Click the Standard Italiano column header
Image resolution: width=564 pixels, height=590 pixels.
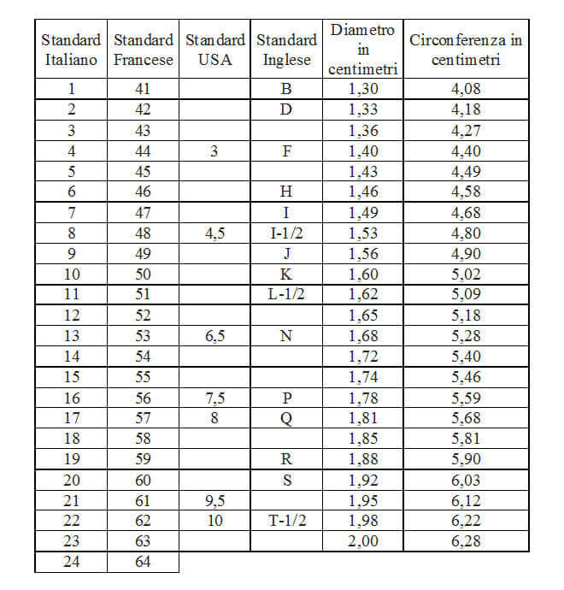tap(71, 50)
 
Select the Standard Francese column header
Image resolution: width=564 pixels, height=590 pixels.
tap(144, 50)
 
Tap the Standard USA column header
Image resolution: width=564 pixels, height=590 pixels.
tap(214, 50)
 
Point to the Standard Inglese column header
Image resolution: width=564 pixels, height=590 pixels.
tap(286, 50)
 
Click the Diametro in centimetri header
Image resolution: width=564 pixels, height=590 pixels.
tap(362, 50)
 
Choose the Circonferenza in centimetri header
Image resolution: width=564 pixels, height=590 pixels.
tap(466, 50)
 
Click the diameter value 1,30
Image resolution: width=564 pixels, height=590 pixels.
tap(362, 88)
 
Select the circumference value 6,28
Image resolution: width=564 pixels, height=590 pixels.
tap(466, 540)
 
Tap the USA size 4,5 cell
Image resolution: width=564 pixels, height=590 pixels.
tap(214, 233)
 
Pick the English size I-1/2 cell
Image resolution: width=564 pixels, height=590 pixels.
tap(286, 233)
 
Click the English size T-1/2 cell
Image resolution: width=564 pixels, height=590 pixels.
tap(286, 520)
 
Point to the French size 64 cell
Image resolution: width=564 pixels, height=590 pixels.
tap(144, 562)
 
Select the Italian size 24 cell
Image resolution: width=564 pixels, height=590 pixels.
tap(71, 562)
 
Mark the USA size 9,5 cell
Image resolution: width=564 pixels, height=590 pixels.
tap(214, 499)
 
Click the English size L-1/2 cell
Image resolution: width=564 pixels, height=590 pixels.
tap(286, 294)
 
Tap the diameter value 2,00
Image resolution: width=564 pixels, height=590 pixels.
tap(362, 540)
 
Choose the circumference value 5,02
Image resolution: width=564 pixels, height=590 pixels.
tap(466, 274)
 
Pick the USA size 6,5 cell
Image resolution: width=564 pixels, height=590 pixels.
tap(214, 335)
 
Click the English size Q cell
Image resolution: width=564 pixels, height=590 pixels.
tap(286, 417)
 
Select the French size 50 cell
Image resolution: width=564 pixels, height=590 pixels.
tap(144, 274)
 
